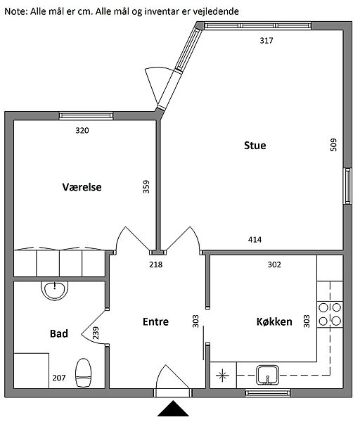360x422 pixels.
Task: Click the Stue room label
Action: (x=255, y=146)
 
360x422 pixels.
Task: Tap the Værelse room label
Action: (x=82, y=187)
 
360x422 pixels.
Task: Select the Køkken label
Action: (x=274, y=321)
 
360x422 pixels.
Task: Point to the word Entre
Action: (x=155, y=321)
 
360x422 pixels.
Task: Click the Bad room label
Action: (x=58, y=333)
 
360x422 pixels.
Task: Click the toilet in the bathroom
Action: (x=84, y=373)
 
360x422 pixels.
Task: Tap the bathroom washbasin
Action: (x=54, y=290)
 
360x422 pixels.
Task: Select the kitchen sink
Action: (x=267, y=375)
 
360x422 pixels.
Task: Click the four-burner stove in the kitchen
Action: (x=330, y=314)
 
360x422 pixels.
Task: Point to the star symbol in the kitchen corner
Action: (x=222, y=376)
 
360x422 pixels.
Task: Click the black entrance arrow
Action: (x=173, y=408)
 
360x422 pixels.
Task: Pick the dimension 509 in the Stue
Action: (x=333, y=145)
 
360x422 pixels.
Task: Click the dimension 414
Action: (x=255, y=239)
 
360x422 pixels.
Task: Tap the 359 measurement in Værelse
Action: (x=146, y=186)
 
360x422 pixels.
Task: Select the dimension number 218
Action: (x=156, y=264)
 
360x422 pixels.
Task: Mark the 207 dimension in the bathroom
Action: (x=59, y=378)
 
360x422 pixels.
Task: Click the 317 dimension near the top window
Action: (x=266, y=40)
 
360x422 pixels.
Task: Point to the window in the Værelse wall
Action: (x=86, y=116)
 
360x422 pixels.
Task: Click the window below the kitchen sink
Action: (x=268, y=393)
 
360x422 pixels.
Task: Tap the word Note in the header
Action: (x=15, y=11)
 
